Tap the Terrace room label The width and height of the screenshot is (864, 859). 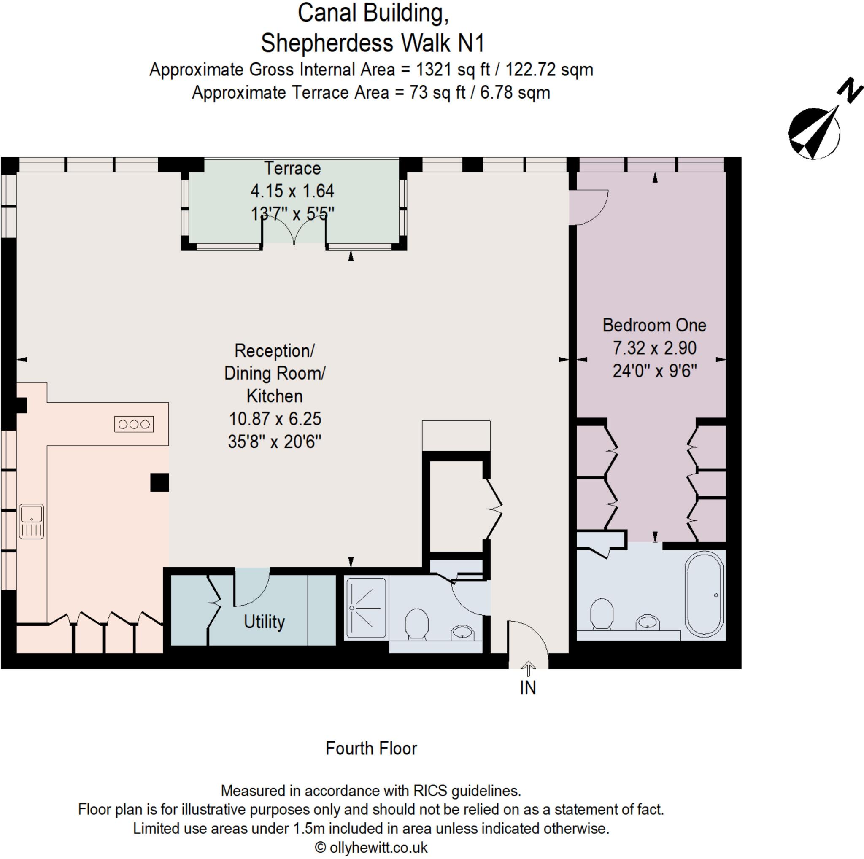292,169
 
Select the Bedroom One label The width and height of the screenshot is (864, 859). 654,326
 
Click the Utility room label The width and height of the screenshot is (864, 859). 264,622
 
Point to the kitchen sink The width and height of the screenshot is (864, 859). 32,521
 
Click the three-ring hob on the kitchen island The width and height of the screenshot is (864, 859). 134,424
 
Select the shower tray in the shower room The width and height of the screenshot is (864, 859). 366,608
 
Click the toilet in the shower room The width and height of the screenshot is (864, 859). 417,623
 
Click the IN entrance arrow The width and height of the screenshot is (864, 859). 528,669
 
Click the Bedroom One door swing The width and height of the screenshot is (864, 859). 589,207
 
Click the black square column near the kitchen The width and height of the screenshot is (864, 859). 159,483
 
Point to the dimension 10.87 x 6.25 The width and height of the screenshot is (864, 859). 275,419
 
